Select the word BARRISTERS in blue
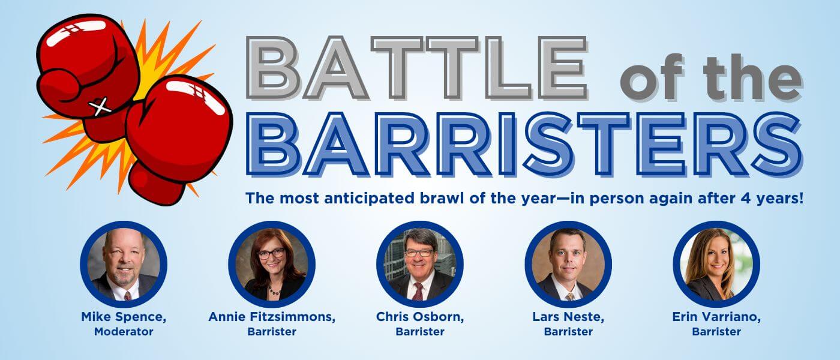point(524,145)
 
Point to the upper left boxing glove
point(88,71)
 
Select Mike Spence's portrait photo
point(124,264)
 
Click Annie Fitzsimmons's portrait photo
point(272,264)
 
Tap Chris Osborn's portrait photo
point(420,264)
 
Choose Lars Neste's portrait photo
point(568,264)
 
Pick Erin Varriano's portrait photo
point(716,264)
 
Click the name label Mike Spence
point(124,317)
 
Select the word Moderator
point(124,332)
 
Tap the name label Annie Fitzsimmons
point(272,317)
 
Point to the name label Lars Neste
point(568,317)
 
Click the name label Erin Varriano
point(716,317)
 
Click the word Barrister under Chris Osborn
point(420,332)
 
